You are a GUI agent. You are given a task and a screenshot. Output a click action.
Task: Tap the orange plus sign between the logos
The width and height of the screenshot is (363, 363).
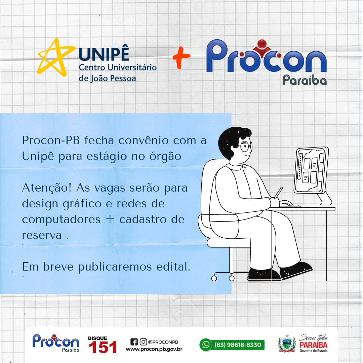(x=181, y=57)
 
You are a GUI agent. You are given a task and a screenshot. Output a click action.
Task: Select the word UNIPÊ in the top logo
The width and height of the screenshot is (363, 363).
(x=104, y=55)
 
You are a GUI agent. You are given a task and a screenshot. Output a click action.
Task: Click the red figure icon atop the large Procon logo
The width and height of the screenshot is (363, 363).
(x=262, y=47)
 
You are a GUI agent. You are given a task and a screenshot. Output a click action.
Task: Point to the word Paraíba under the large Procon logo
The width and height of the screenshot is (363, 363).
(x=305, y=80)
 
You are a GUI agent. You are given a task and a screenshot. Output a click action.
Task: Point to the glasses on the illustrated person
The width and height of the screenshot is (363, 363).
(x=247, y=146)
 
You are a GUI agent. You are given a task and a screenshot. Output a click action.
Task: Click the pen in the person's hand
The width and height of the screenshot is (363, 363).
(x=278, y=193)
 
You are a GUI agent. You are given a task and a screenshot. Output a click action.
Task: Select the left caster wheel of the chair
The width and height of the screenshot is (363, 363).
(x=214, y=278)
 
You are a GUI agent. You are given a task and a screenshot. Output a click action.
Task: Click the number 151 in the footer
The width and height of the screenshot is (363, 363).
(x=103, y=347)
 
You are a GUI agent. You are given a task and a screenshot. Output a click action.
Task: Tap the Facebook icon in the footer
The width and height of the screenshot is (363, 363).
(x=134, y=342)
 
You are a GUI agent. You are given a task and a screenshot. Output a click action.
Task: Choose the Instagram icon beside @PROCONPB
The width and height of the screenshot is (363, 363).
(x=143, y=342)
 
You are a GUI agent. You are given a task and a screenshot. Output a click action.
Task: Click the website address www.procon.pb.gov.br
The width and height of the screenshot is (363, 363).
(x=154, y=349)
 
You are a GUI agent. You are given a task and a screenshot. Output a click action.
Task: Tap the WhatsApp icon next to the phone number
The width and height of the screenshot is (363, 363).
(x=206, y=345)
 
